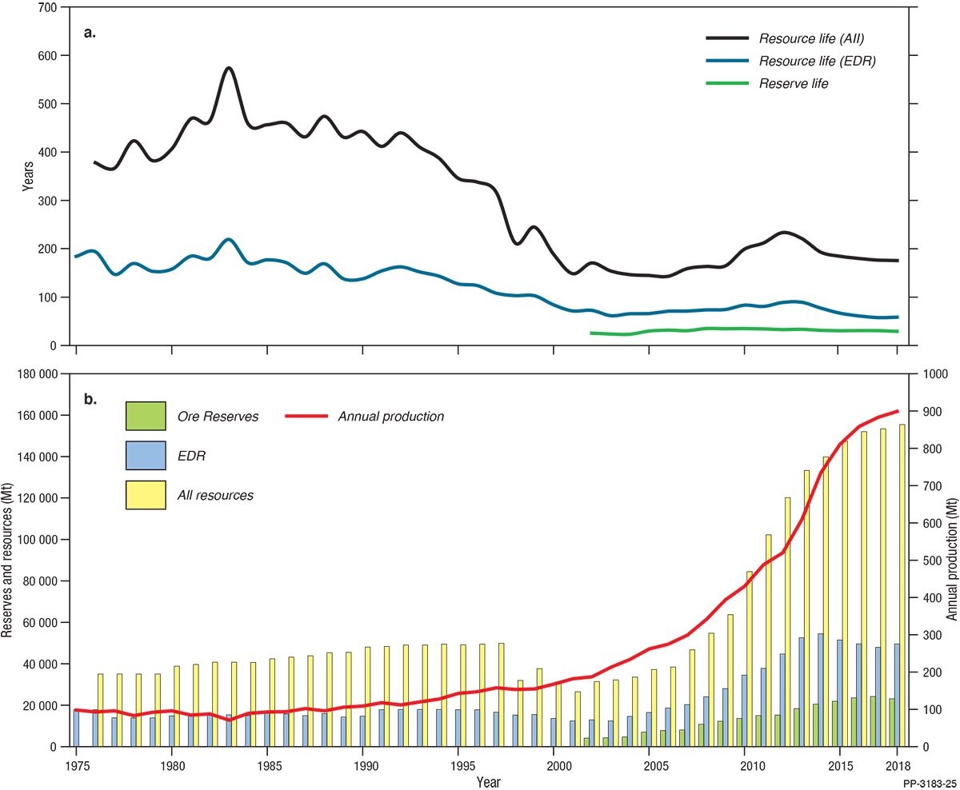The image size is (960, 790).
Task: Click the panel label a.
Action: [90, 33]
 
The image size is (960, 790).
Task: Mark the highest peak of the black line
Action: [229, 68]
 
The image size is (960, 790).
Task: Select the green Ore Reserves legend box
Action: [146, 416]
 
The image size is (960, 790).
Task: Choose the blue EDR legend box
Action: [146, 456]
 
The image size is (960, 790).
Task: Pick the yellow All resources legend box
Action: [146, 495]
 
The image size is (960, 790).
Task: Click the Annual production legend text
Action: [390, 416]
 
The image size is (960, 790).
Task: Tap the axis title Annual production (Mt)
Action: [951, 560]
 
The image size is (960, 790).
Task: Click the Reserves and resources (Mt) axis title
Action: [7, 560]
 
